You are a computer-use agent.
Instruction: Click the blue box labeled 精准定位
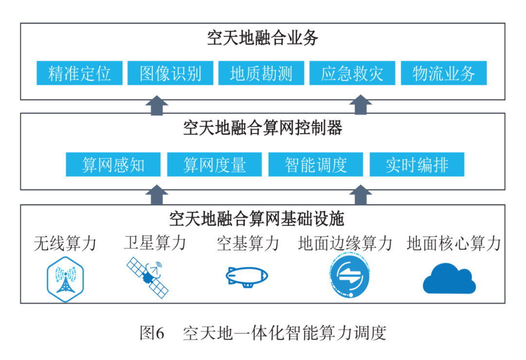click(79, 73)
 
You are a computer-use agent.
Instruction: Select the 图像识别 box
click(170, 73)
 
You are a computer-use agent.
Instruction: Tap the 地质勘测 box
click(261, 73)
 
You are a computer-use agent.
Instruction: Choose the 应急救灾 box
click(352, 73)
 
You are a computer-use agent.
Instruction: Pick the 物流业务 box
click(443, 73)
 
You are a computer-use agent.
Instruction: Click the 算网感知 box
click(113, 165)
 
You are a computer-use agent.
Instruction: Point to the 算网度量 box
click(214, 165)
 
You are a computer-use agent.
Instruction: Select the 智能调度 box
click(316, 165)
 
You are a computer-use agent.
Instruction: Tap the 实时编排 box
click(417, 165)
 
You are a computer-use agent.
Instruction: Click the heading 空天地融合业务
click(263, 38)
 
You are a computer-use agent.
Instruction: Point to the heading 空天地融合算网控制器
click(263, 128)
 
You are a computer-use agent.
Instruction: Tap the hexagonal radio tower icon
click(65, 278)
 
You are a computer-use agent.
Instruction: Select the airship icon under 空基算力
click(247, 276)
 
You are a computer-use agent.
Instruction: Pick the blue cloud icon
click(449, 279)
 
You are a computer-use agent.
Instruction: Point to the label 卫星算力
click(155, 243)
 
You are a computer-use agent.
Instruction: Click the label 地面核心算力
click(453, 243)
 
